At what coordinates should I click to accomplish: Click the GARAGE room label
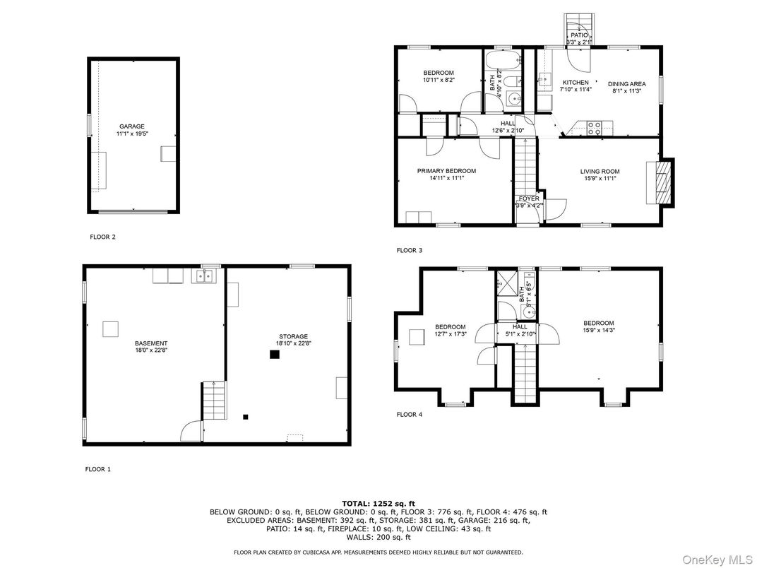[x=132, y=126]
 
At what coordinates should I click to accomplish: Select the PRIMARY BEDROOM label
[x=446, y=171]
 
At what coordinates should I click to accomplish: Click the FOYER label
[x=529, y=199]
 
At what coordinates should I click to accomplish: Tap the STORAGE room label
[x=292, y=336]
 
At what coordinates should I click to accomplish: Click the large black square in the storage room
[x=274, y=355]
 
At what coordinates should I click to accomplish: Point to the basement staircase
[x=214, y=400]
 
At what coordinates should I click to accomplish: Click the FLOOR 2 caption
[x=102, y=237]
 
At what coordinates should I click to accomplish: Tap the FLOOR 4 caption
[x=409, y=415]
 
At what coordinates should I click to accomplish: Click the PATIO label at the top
[x=579, y=35]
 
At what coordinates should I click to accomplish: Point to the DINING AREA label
[x=626, y=83]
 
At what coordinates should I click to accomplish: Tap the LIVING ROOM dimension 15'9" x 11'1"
[x=600, y=179]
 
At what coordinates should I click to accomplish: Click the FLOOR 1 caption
[x=98, y=469]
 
